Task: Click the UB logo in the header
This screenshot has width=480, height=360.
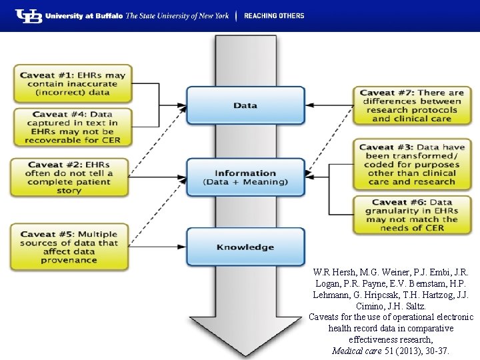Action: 28,15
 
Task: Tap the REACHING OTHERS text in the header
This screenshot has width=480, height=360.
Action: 274,15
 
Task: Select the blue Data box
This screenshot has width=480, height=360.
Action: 245,105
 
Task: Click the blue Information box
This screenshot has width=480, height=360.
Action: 245,177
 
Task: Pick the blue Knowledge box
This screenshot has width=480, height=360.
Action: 245,247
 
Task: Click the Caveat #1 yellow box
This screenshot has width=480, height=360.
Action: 73,84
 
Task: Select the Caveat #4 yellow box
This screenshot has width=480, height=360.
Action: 73,127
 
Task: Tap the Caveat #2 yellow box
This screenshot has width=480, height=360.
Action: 69,177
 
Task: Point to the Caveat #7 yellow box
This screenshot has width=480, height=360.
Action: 411,105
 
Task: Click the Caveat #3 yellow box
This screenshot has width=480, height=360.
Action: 411,164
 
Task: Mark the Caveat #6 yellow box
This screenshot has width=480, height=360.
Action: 411,215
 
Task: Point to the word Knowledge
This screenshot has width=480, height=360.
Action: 245,247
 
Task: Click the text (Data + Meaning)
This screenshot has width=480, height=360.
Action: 245,182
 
